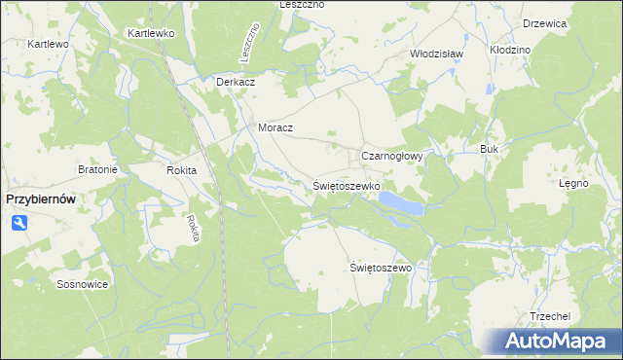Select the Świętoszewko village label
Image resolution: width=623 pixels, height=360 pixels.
347,185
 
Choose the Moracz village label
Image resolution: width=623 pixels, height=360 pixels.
275,127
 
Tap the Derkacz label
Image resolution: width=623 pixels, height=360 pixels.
236,82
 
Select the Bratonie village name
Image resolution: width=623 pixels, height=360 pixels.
97,169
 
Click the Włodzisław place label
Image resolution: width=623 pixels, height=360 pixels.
435,54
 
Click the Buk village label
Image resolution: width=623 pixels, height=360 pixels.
489,149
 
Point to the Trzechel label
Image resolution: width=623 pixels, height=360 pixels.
549,317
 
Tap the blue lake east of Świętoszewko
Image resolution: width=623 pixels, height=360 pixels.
401,202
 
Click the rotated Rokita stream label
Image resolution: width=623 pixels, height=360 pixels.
193,227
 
